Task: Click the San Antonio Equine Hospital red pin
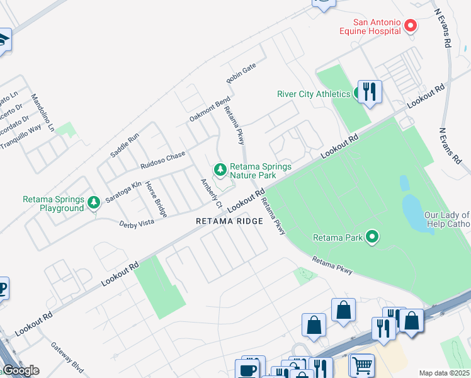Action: pos(411,26)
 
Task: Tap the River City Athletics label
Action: pos(314,94)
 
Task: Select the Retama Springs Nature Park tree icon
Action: pos(220,169)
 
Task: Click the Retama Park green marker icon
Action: pos(373,237)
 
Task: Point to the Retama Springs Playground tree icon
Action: pos(94,202)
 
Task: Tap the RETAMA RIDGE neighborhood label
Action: pos(229,221)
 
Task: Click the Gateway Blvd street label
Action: pos(67,356)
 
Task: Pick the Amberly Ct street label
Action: pos(212,193)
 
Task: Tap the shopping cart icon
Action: pos(361,365)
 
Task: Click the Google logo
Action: pos(21,370)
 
